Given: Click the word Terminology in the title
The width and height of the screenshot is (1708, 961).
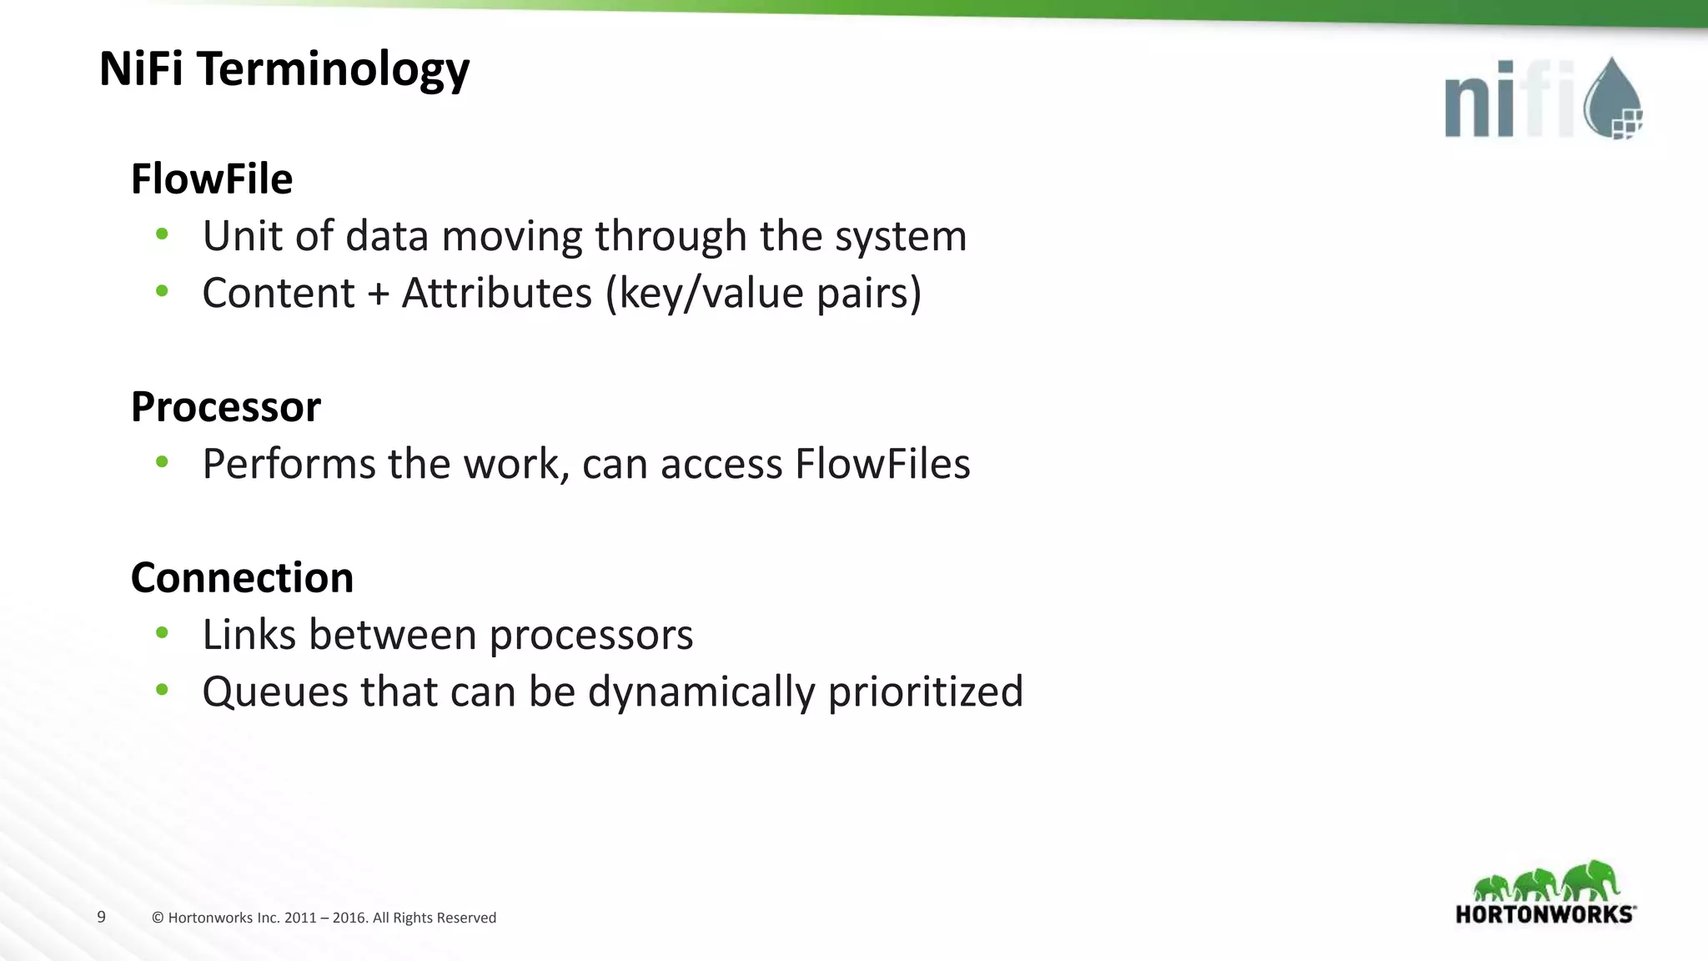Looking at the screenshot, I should (x=334, y=69).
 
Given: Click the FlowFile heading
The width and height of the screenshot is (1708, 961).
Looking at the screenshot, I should (x=212, y=179).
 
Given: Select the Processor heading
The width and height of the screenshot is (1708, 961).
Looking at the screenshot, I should (x=225, y=407).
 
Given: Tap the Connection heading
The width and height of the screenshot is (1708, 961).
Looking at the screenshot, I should (x=242, y=577).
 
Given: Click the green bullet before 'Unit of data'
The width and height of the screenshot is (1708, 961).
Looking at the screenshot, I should (x=162, y=234).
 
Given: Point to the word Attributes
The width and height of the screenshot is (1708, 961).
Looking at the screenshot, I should (x=496, y=293).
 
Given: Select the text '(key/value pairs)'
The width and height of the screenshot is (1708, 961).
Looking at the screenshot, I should (x=763, y=293).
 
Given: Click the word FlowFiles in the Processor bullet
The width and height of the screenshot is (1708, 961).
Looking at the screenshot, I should (x=882, y=464).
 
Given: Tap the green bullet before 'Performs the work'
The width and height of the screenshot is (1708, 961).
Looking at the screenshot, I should (x=162, y=462).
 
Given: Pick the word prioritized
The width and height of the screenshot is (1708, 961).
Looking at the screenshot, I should (x=925, y=692).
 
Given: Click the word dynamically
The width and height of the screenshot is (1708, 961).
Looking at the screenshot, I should (x=701, y=692).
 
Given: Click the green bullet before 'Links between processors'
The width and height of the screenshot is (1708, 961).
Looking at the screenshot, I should (x=162, y=633).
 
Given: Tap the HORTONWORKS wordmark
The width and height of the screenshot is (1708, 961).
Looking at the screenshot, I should (x=1545, y=914).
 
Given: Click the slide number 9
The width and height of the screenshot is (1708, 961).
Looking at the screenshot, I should (x=102, y=917).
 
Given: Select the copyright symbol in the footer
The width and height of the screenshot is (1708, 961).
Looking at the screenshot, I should (x=158, y=918).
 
